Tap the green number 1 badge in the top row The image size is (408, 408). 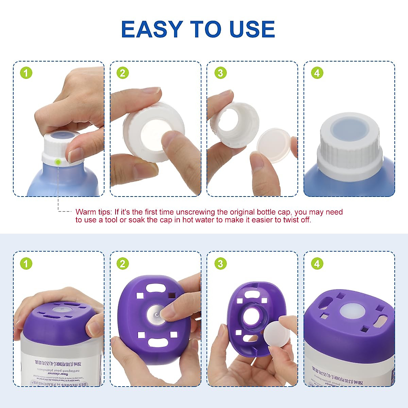pyautogui.click(x=26, y=73)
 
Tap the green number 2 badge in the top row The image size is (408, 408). pyautogui.click(x=123, y=73)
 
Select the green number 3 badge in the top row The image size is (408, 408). pyautogui.click(x=220, y=73)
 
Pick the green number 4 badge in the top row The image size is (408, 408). pyautogui.click(x=317, y=73)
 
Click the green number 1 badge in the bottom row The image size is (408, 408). pyautogui.click(x=26, y=263)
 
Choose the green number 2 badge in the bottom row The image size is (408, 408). pyautogui.click(x=123, y=263)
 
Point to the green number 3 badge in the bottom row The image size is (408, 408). pyautogui.click(x=220, y=263)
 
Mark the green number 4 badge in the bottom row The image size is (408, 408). pyautogui.click(x=317, y=263)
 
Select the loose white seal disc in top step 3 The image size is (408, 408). pyautogui.click(x=274, y=144)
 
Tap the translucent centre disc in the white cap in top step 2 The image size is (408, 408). pyautogui.click(x=154, y=131)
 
